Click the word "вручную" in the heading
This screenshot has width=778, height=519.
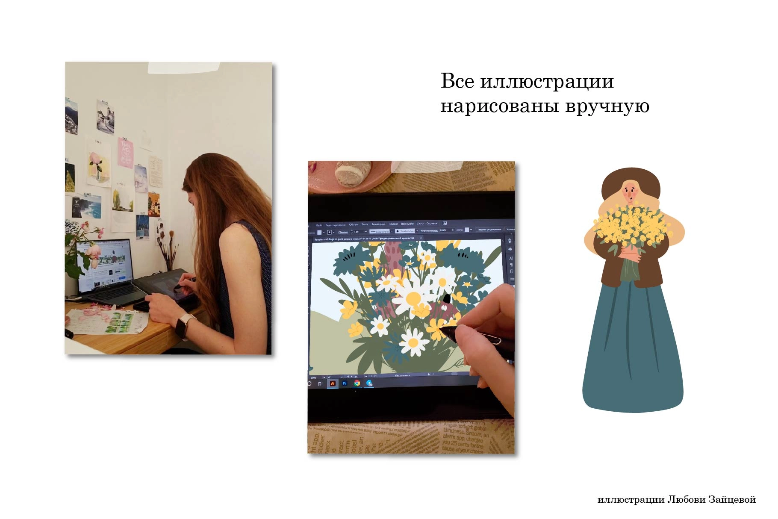607,106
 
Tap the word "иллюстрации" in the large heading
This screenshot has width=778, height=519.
547,81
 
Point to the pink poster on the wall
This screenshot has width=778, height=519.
125,153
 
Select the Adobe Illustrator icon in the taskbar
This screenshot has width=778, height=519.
333,383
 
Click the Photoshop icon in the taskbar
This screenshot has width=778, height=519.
345,383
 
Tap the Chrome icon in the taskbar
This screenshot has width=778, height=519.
357,383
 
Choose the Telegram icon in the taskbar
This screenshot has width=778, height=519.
369,383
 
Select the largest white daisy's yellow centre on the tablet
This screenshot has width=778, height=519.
413,298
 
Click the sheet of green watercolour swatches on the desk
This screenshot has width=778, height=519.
120,322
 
